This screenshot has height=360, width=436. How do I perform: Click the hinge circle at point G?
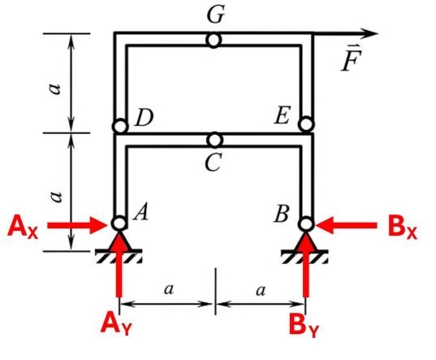tap(214, 40)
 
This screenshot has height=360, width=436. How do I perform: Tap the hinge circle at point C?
tap(214, 140)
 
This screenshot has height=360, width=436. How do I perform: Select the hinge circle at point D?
tap(120, 127)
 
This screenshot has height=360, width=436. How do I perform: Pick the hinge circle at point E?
tap(306, 124)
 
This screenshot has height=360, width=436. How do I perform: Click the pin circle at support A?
tap(119, 223)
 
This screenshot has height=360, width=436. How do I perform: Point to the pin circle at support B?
tap(306, 224)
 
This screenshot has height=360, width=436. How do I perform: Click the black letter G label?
tap(215, 14)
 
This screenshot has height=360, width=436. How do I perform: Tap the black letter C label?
tap(214, 163)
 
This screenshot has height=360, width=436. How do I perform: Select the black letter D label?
tap(144, 117)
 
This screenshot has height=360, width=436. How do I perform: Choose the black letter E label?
tap(283, 115)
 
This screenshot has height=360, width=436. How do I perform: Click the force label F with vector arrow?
tap(352, 58)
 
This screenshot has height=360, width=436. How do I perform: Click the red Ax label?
tap(23, 227)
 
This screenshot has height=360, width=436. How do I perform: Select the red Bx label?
tap(403, 227)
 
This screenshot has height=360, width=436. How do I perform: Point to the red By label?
tap(304, 325)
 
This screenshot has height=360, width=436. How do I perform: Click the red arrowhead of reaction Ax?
tap(100, 225)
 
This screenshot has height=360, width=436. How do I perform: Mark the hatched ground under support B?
tap(305, 257)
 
